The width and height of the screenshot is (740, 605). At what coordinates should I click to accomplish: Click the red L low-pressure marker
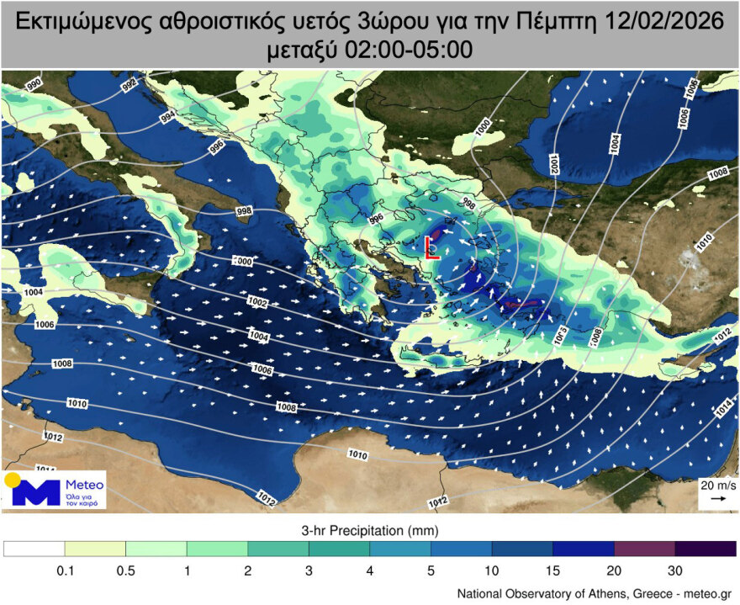[x=430, y=247]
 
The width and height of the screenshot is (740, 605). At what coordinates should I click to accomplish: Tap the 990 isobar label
[x=34, y=84]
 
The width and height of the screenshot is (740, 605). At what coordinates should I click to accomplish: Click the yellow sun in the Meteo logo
[x=13, y=480]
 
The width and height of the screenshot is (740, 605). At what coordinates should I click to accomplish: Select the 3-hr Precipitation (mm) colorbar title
[x=370, y=531]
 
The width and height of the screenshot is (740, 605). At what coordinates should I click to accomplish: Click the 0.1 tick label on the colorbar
[x=65, y=571]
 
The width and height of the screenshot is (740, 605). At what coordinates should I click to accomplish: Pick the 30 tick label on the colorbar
[x=675, y=571]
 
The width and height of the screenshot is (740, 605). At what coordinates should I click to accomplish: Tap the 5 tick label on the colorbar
[x=431, y=571]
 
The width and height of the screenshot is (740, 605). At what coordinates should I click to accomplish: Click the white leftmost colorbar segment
[x=34, y=549]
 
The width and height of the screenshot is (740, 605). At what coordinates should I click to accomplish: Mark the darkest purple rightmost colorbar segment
[x=706, y=549]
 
